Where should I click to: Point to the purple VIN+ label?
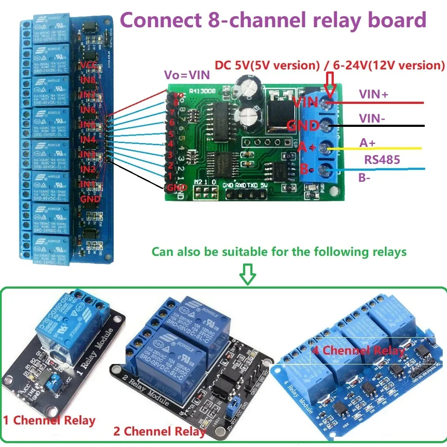(x=373, y=95)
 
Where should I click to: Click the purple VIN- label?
(x=371, y=119)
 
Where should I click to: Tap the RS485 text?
(x=381, y=160)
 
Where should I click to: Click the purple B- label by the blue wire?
(x=364, y=178)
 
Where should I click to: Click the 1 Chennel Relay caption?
(x=49, y=421)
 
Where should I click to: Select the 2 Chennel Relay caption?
(x=159, y=431)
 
